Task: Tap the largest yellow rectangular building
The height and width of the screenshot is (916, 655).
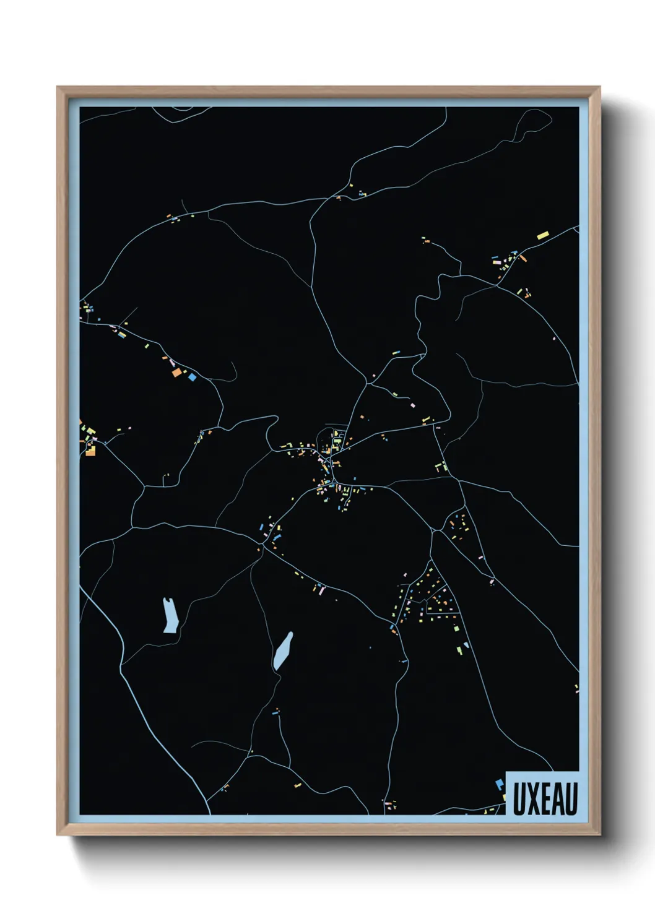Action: (x=543, y=235)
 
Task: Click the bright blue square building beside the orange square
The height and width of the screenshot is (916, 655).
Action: (x=192, y=376)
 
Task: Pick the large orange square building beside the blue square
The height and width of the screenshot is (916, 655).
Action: (x=176, y=373)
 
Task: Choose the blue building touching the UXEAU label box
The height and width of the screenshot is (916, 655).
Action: (x=500, y=784)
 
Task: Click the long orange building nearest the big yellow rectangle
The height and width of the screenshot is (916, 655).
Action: (x=523, y=257)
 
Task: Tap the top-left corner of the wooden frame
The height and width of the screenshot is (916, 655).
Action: (x=58, y=88)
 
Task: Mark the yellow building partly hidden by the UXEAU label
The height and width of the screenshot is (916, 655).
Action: (x=503, y=797)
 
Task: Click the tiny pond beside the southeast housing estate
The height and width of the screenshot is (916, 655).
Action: (x=466, y=645)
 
